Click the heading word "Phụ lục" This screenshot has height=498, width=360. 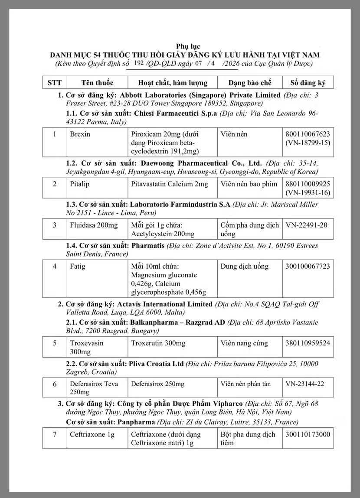click(x=188, y=46)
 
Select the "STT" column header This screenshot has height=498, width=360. click(x=54, y=82)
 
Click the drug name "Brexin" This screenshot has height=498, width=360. click(x=80, y=134)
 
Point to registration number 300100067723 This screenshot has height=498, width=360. click(x=308, y=266)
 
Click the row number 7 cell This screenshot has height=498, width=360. click(x=54, y=434)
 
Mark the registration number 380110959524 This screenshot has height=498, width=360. click(x=308, y=343)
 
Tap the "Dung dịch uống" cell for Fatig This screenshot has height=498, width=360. click(x=244, y=266)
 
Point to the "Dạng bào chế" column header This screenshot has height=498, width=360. click(x=244, y=82)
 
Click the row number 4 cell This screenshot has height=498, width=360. click(x=54, y=266)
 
